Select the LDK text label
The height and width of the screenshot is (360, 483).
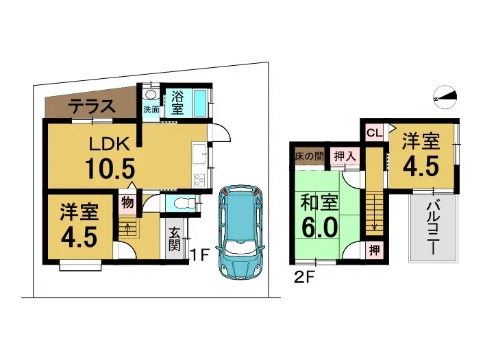[x=110, y=143]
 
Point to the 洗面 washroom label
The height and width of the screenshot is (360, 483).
[x=151, y=110]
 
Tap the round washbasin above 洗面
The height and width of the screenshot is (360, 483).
[x=151, y=95]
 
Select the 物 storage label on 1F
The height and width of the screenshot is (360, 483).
[x=127, y=202]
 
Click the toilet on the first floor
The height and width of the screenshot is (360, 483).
[x=182, y=203]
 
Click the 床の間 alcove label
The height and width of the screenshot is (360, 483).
[x=310, y=156]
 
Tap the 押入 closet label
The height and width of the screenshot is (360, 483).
[x=344, y=156]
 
